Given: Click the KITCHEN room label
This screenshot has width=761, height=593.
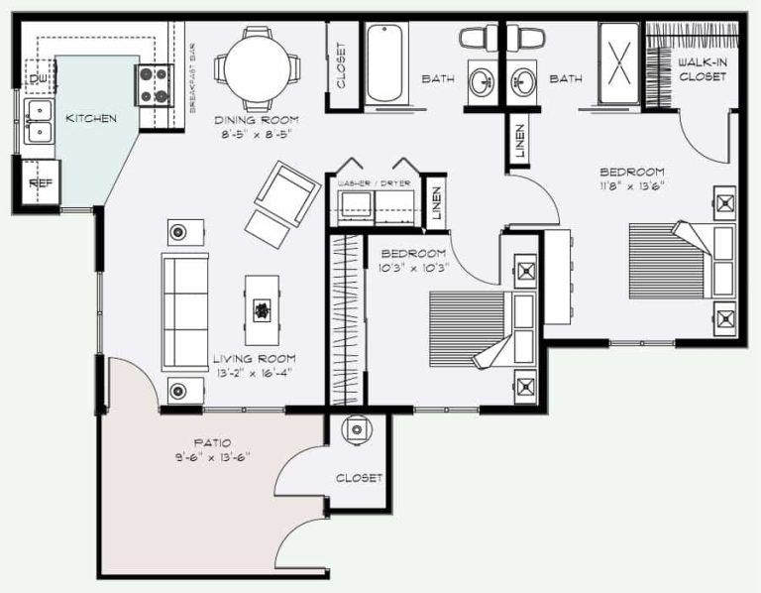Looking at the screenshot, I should [x=90, y=119].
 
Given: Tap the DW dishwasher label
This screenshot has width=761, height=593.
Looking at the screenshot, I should [x=39, y=78].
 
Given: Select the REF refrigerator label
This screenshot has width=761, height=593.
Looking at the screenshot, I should [x=40, y=183].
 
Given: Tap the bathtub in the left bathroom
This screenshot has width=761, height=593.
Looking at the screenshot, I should [x=384, y=65].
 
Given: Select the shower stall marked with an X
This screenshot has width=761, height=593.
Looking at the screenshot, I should [x=619, y=65].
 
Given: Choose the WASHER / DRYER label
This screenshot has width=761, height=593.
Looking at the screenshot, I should [x=373, y=184].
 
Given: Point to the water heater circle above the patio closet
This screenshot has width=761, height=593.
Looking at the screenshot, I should [x=356, y=430].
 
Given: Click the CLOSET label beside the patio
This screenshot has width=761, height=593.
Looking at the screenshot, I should [x=358, y=478].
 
